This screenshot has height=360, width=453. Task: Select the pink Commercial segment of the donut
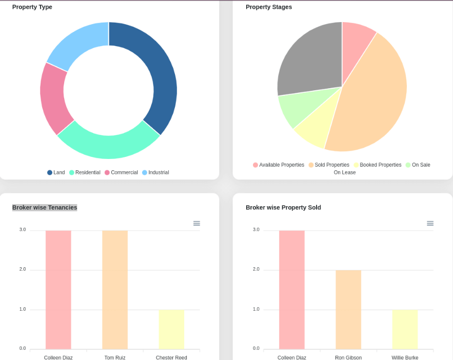click(54, 97)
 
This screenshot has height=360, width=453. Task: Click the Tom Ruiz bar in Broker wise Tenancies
click(115, 290)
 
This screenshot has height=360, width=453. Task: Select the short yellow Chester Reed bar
click(171, 329)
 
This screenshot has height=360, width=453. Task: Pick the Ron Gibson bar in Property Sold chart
click(348, 310)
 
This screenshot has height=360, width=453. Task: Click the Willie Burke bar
click(405, 329)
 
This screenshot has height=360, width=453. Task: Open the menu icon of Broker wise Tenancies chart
click(196, 223)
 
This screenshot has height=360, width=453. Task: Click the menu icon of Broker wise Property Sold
click(430, 223)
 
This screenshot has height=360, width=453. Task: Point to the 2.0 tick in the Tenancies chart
click(23, 269)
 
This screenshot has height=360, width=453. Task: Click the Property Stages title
click(269, 7)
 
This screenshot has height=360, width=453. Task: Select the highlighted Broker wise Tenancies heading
click(45, 208)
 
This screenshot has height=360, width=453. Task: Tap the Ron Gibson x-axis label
click(348, 357)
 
